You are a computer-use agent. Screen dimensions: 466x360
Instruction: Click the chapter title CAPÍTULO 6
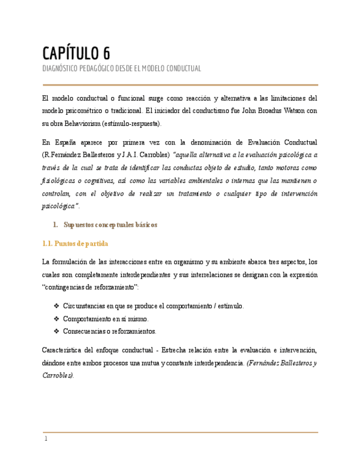76,53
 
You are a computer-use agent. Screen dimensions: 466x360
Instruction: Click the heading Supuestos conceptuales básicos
110,225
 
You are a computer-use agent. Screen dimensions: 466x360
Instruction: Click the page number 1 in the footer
46,439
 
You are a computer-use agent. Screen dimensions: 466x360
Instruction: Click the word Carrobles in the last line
57,375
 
